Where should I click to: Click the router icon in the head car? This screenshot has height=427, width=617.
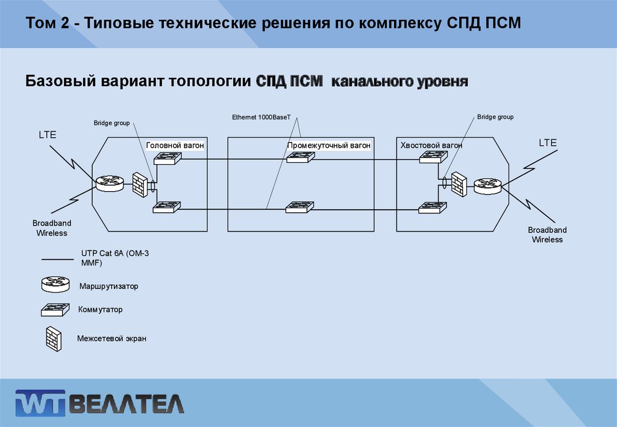tap(108, 182)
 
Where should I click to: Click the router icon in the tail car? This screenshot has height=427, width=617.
tap(487, 186)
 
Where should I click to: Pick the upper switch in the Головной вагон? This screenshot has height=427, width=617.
tap(168, 159)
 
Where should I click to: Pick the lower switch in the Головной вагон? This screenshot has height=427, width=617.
tap(168, 207)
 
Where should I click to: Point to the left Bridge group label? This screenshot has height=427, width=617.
tap(111, 123)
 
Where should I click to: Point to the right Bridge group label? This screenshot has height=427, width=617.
tap(495, 117)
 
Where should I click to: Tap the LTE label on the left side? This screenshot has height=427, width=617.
tap(48, 135)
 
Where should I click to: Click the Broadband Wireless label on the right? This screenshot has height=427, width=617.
tap(547, 235)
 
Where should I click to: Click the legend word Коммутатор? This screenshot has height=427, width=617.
tap(100, 309)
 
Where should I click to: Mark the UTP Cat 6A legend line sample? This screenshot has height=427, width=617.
tap(57, 259)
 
